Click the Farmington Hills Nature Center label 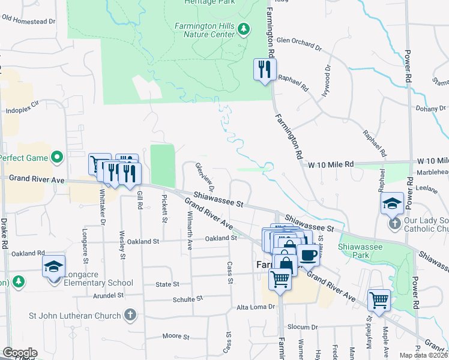pyautogui.click(x=204, y=30)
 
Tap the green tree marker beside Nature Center pyautogui.click(x=243, y=28)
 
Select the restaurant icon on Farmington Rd pyautogui.click(x=264, y=70)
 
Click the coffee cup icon pyautogui.click(x=308, y=254)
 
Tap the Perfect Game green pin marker pyautogui.click(x=58, y=158)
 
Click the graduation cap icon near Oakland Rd pyautogui.click(x=53, y=265)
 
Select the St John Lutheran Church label pyautogui.click(x=76, y=314)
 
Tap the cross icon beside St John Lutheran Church pyautogui.click(x=130, y=314)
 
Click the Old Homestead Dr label pyautogui.click(x=28, y=19)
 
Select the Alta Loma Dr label pyautogui.click(x=255, y=307)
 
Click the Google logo pyautogui.click(x=20, y=353)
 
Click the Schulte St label pyautogui.click(x=188, y=298)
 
